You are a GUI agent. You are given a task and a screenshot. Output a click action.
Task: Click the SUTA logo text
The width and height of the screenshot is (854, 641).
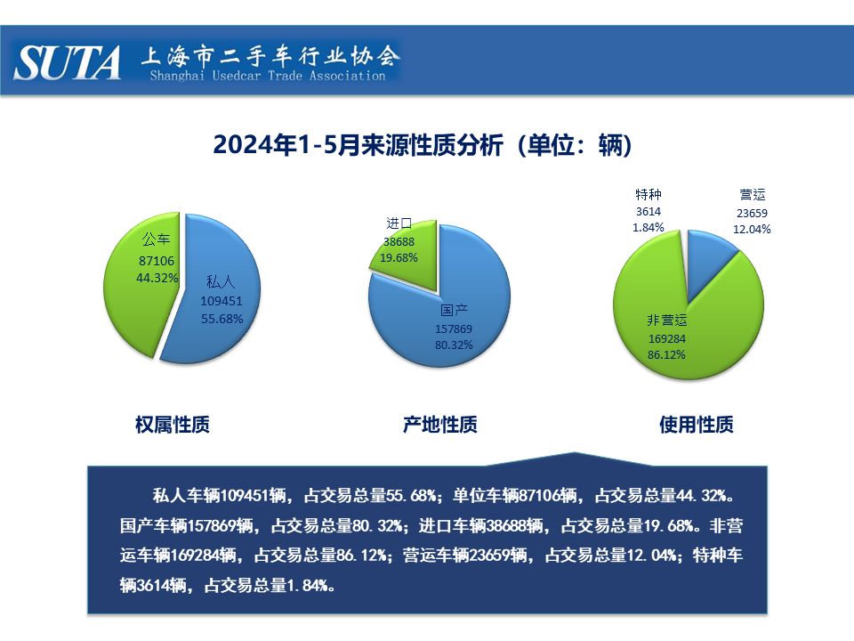click(x=67, y=62)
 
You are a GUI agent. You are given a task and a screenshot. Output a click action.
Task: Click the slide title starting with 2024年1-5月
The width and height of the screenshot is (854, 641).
click(x=423, y=145)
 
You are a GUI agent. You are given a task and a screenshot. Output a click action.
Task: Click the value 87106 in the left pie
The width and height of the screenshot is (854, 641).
click(x=157, y=261)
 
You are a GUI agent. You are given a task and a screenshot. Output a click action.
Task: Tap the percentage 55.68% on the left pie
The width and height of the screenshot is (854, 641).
click(x=222, y=319)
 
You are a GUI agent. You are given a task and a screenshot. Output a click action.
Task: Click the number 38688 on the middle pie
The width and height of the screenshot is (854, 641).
click(x=399, y=241)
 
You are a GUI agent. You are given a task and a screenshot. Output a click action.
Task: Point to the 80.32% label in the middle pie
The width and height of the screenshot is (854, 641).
click(x=454, y=345)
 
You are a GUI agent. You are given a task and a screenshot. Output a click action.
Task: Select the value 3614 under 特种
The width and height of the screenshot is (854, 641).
click(x=649, y=212)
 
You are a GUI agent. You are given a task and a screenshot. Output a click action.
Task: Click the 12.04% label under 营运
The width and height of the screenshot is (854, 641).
click(x=752, y=230)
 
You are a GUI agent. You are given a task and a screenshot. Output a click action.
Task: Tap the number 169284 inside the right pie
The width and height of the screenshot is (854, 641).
click(x=666, y=339)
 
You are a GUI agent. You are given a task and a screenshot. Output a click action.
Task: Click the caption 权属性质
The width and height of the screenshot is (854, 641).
click(x=172, y=425)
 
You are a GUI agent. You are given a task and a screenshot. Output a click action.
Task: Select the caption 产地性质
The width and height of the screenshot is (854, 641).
click(x=440, y=425)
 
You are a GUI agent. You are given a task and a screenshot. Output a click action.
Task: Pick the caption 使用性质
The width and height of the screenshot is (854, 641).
click(x=696, y=425)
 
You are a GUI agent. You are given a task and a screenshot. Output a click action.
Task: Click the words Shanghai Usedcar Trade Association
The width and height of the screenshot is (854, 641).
click(x=268, y=76)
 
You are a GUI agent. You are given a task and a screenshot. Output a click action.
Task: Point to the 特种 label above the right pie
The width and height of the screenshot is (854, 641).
click(x=649, y=195)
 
